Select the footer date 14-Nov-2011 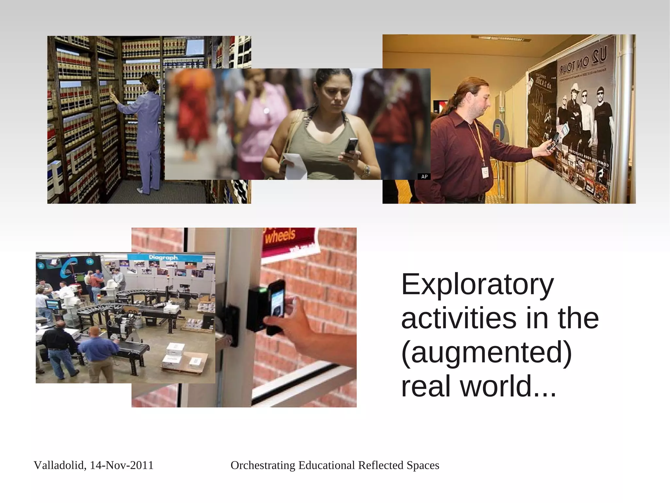(x=121, y=465)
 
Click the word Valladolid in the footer (x=59, y=466)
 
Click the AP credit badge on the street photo (x=424, y=177)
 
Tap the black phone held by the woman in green (x=351, y=146)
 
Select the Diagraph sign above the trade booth (x=163, y=258)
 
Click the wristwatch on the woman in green (x=367, y=170)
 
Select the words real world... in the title (x=478, y=387)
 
